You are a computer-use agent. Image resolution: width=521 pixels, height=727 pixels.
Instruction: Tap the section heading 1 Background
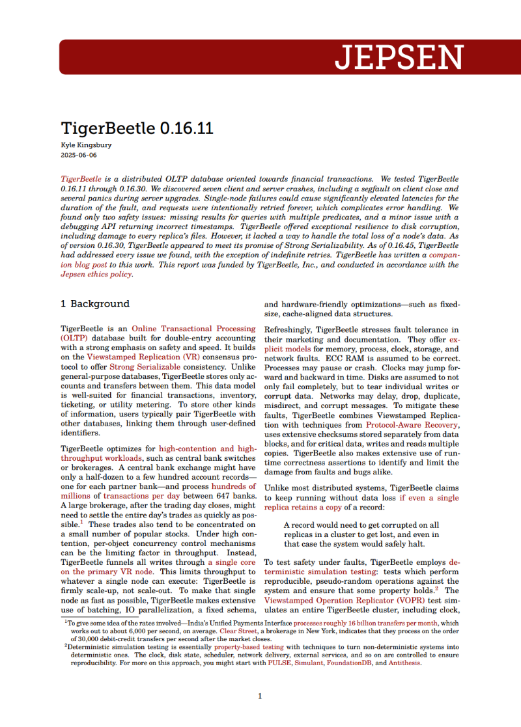95,304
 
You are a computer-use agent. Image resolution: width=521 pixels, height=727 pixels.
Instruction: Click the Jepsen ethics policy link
96,274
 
